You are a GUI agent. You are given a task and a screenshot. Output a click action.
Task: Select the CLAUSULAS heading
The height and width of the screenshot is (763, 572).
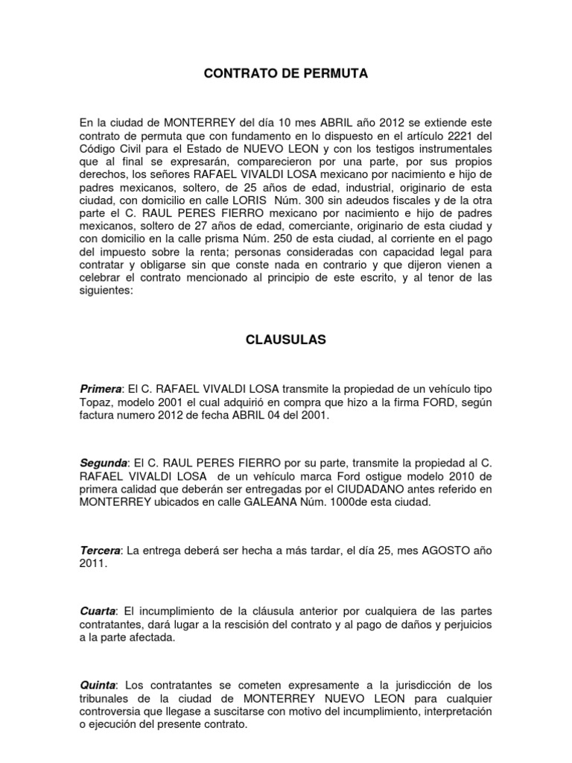[x=286, y=340]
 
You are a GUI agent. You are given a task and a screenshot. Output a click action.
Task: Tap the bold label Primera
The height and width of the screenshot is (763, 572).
[x=100, y=390]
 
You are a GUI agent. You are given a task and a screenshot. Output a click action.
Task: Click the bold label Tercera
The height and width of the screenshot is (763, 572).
[x=100, y=550]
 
